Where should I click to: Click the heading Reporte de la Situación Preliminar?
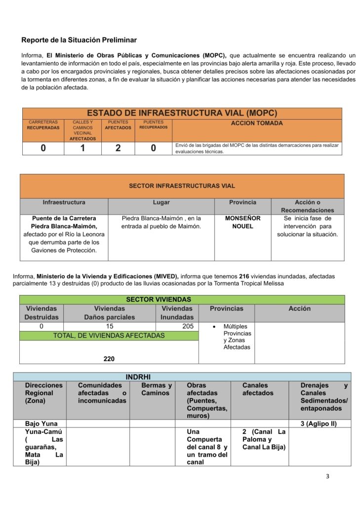pos(79,40)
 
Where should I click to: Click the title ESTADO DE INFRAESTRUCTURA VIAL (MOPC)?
pos(182,113)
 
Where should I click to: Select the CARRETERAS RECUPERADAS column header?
pos(43,125)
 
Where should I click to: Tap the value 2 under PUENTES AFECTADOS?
pos(118,148)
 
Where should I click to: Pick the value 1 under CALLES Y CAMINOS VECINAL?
pos(82,148)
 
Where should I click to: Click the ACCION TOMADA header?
pos(257,123)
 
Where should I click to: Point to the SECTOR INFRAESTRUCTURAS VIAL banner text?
pos(182,186)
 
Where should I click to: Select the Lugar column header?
pos(161,203)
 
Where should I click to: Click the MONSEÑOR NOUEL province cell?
pos(242,222)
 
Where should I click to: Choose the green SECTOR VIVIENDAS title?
pos(158,299)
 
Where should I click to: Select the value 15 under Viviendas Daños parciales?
pos(110,326)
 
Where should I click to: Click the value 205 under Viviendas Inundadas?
pos(177,326)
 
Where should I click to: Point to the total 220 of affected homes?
pos(109,359)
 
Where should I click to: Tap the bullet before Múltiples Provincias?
pos(213,327)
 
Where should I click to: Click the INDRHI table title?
pos(134,377)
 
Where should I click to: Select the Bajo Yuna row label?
pos(41,423)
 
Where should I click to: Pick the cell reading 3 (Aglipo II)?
pos(319,423)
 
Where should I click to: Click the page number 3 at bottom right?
pos(327,476)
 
